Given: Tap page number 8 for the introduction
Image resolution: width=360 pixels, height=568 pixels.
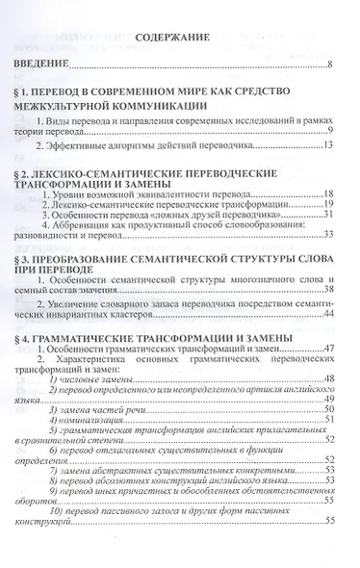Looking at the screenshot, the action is (x=329, y=66).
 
